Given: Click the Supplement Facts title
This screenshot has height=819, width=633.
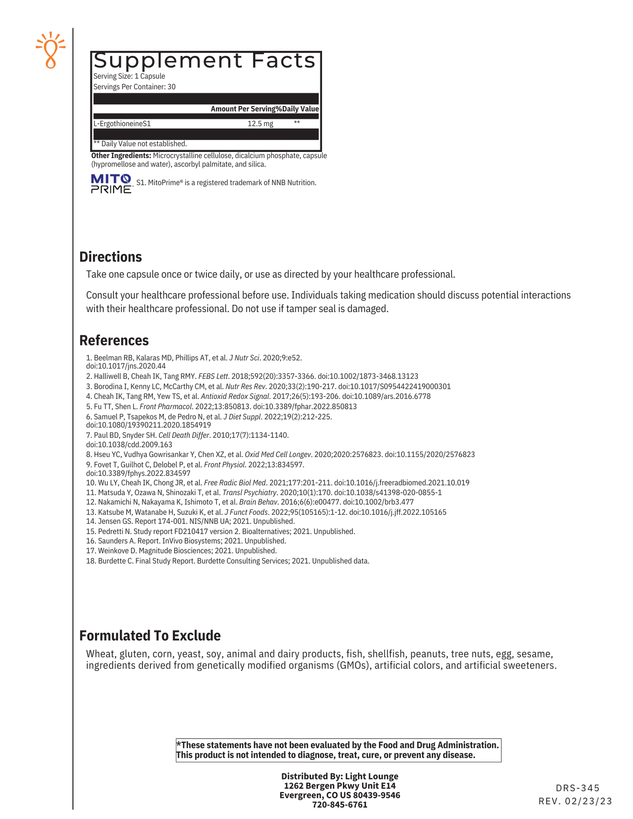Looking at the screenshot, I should (x=205, y=61).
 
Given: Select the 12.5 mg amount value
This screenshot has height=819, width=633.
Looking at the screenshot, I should (x=260, y=124).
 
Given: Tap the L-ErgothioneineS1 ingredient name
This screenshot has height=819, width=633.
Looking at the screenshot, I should (x=122, y=124).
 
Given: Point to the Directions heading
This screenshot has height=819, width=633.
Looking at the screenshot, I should (x=110, y=257).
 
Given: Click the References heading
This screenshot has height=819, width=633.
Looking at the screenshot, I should (x=114, y=341).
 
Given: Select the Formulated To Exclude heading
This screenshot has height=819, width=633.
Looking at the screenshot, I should (x=150, y=636).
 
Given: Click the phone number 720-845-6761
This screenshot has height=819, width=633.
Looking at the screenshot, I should (x=339, y=805).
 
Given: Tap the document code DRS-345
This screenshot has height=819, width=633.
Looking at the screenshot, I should (x=577, y=788).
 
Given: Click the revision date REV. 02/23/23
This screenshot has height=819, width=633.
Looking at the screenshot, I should (x=575, y=801).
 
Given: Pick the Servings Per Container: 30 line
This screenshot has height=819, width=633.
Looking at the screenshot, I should (x=134, y=87).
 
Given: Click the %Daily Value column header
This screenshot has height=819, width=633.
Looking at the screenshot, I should (x=301, y=109).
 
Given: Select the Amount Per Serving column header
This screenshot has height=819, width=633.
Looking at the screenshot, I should (x=246, y=109).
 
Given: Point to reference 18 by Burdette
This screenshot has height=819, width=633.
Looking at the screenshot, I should (x=227, y=561).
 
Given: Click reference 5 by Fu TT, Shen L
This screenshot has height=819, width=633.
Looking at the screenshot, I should (x=221, y=407).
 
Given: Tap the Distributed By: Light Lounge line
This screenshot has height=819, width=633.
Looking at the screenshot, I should (x=339, y=776).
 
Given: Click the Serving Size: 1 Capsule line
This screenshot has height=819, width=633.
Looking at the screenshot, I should (x=129, y=76).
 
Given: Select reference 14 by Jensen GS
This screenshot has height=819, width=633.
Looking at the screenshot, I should (x=190, y=521).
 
